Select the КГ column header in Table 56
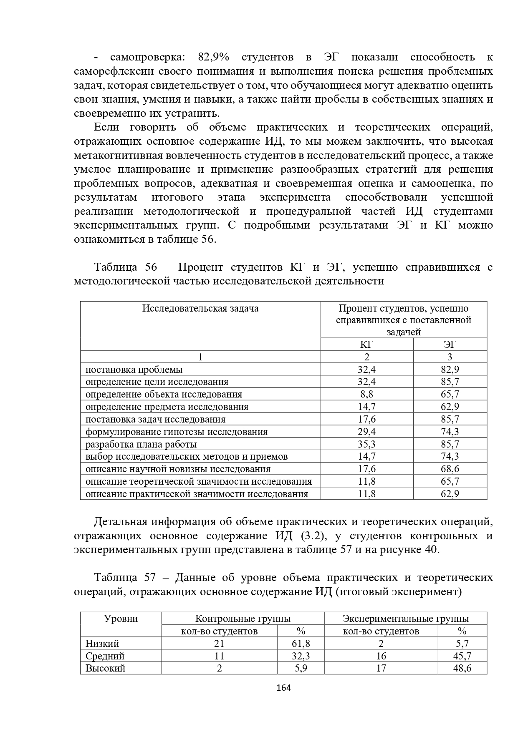coord(366,345)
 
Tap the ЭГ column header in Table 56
coord(450,345)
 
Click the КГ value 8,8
coord(366,394)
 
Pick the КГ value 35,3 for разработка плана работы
coord(366,444)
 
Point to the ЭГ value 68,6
coord(450,469)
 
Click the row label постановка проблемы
coord(134,370)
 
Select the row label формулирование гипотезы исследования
coord(177,432)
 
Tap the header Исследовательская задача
coord(200,308)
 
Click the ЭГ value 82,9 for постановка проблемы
coord(450,370)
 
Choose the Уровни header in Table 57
coord(121,619)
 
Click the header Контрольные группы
coord(243,619)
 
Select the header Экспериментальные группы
coord(405,619)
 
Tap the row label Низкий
coord(102,644)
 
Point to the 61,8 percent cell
coord(301,644)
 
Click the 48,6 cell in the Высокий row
coord(462,668)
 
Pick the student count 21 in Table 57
coord(219,644)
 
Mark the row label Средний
coord(105,656)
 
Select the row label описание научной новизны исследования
coord(178,469)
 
